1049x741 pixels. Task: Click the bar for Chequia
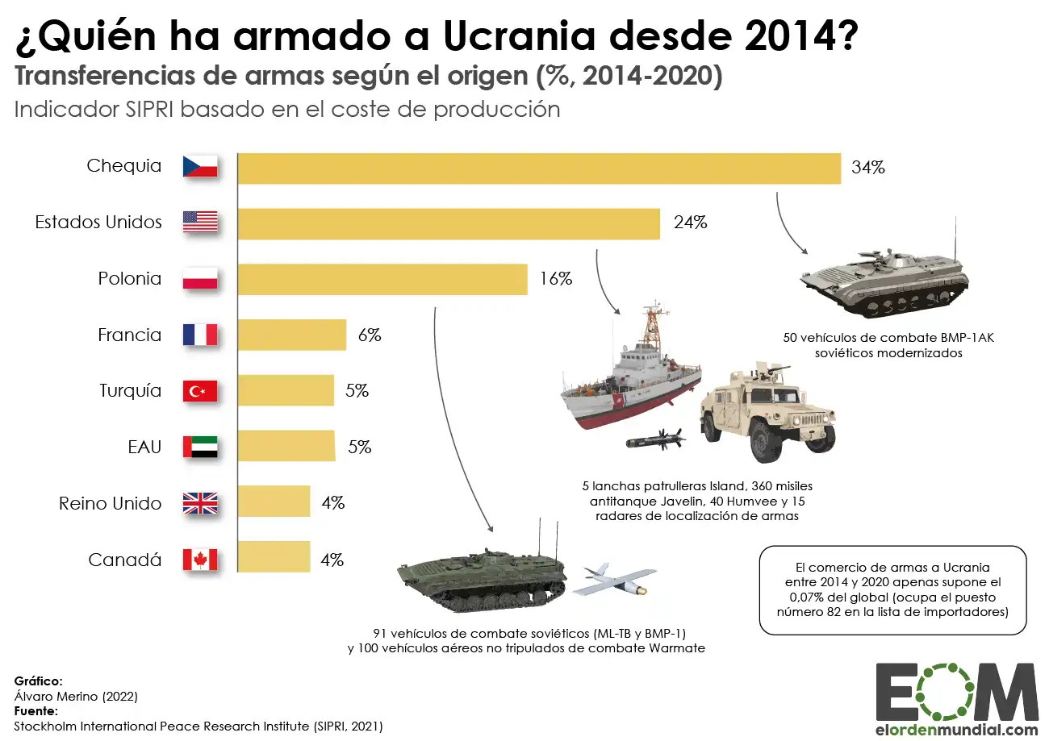(539, 169)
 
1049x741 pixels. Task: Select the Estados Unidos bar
(449, 223)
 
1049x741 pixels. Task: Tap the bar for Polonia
(382, 279)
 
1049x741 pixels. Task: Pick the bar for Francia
(292, 335)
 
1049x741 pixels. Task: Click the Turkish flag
(200, 391)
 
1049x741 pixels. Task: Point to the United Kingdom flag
(200, 503)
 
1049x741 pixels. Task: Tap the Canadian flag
(200, 560)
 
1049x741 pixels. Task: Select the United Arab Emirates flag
(200, 447)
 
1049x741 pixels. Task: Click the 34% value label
(868, 169)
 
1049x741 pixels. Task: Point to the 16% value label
(555, 279)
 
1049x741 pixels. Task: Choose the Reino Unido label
(111, 503)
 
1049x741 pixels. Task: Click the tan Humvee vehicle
(767, 411)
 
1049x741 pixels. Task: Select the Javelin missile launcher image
(654, 440)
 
